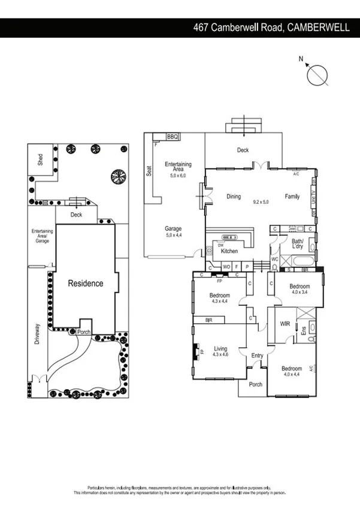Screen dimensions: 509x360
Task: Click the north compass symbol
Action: [317, 75]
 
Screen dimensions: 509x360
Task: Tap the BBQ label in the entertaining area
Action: [173, 137]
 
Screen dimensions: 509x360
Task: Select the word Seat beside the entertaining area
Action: [149, 171]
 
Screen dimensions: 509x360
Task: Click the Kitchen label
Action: [229, 251]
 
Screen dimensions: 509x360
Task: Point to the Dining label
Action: [234, 196]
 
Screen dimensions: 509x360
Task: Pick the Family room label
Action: [292, 196]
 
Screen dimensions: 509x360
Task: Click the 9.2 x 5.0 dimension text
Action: [261, 203]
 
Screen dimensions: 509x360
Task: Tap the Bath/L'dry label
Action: [298, 244]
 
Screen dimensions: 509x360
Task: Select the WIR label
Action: [286, 324]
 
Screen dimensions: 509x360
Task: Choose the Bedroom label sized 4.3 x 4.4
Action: [220, 297]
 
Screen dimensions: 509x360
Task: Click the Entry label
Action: [257, 356]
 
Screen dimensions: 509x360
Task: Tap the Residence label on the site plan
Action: [85, 283]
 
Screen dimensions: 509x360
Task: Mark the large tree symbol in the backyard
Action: [117, 176]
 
